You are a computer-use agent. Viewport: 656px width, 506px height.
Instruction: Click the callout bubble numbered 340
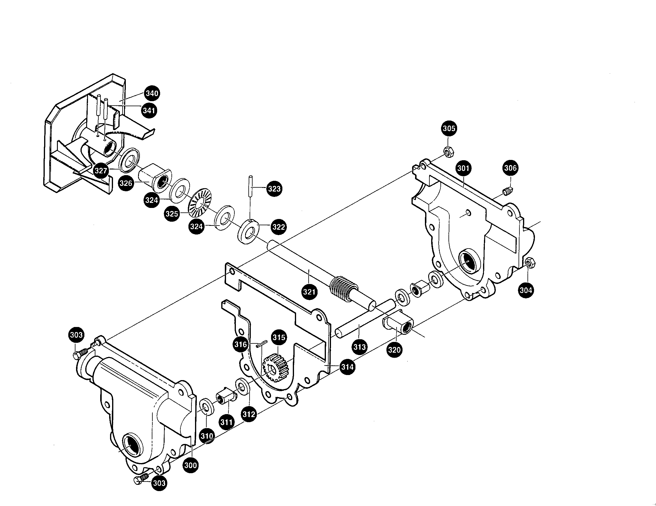coord(152,93)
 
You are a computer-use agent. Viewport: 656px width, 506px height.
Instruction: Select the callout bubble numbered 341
coord(149,110)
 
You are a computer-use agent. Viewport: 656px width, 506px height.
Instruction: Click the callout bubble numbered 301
coord(463,168)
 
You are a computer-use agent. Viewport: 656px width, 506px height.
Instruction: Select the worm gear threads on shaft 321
coord(341,288)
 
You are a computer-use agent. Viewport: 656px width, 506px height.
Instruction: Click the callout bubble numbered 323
coord(274,189)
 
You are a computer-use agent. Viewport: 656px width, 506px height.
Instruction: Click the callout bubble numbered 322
coord(278,226)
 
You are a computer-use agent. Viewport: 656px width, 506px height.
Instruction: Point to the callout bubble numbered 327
coord(100,171)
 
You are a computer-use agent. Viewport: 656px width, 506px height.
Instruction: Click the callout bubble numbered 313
coord(359,347)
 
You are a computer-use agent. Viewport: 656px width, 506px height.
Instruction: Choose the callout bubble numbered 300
coord(191,465)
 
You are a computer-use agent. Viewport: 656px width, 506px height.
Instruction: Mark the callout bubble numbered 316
coord(241,344)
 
